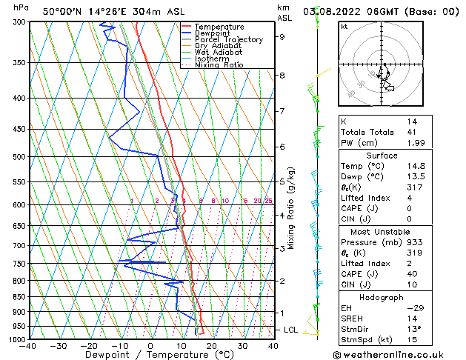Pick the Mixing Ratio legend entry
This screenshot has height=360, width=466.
coord(219,65)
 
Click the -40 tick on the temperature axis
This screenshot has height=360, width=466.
coord(28,346)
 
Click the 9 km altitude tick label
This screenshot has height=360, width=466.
coord(282,36)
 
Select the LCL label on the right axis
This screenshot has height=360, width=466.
coord(291,330)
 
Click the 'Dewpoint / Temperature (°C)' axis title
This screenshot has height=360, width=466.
coord(150,355)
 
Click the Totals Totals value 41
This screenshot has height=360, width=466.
coord(412,132)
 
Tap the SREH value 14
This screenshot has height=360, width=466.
coord(412,319)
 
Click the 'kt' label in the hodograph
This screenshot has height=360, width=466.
coord(344,26)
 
